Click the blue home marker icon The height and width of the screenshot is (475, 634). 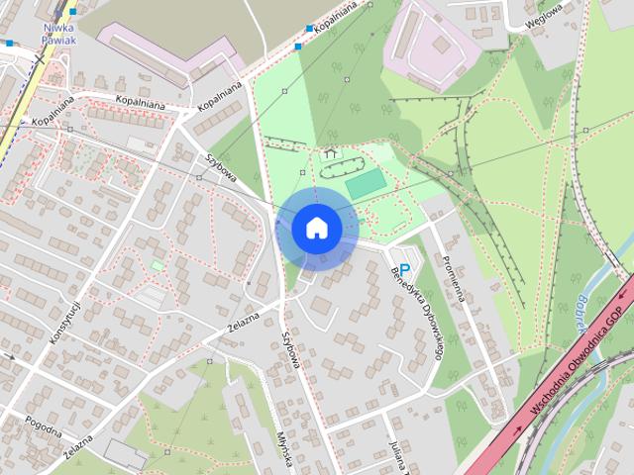(316, 229)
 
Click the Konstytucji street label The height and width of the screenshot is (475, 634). (63, 321)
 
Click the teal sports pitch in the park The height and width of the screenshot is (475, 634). (365, 183)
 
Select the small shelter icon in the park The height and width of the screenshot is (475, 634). (330, 153)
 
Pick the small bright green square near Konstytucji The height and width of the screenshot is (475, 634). (158, 265)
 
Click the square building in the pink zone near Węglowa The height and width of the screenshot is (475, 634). (440, 44)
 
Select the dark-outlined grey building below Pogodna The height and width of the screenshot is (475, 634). (126, 454)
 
